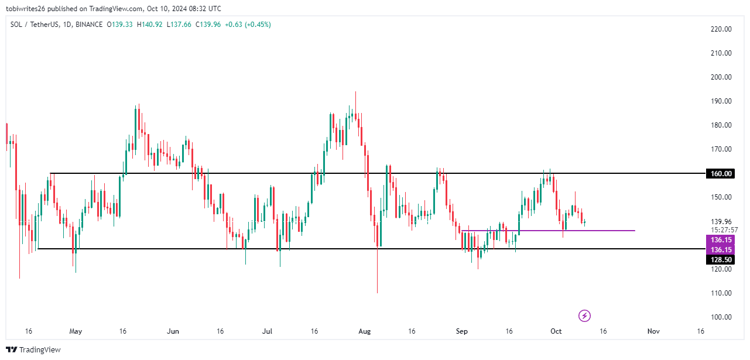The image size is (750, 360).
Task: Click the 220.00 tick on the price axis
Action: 721,29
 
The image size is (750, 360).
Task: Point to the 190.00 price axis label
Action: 721,101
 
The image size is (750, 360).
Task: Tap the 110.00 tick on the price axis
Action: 721,293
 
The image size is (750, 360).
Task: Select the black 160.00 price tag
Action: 721,173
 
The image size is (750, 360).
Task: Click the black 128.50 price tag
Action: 721,259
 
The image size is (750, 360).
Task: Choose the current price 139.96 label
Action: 721,221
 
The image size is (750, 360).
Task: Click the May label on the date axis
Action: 76,331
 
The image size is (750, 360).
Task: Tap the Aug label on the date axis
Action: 364,331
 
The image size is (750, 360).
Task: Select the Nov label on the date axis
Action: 653,331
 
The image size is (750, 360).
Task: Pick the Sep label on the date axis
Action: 462,331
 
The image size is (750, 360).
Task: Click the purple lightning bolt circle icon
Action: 584,316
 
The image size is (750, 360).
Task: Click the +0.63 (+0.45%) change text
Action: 246,25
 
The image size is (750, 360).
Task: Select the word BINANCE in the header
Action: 89,25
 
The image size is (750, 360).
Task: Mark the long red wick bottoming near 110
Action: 377,275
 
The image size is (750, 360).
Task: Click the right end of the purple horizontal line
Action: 634,231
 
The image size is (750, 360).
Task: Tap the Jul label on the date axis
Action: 268,331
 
